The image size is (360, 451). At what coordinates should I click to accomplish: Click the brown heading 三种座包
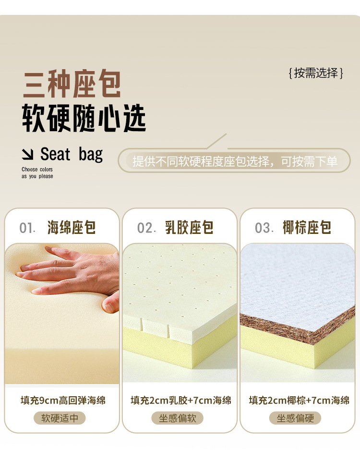coord(72,85)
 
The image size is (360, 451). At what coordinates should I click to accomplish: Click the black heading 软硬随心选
coord(84,118)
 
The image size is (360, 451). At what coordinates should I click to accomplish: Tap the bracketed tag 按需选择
coord(316,73)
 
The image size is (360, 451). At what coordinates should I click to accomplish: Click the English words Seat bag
coord(72,154)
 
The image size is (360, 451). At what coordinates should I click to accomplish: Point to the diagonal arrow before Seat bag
coord(28,155)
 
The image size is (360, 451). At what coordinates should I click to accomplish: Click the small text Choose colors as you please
coord(37,173)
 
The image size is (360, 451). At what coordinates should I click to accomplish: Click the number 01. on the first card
coord(27,228)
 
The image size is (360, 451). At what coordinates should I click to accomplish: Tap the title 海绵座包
coord(72,228)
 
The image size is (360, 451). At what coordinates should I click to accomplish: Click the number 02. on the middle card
coord(146,228)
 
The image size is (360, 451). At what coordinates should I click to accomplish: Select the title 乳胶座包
coord(189,228)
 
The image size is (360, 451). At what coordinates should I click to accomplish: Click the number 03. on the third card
coord(264,228)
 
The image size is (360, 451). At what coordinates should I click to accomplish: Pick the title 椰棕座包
coord(307,228)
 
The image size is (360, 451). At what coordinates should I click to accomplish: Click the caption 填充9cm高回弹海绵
coord(62,400)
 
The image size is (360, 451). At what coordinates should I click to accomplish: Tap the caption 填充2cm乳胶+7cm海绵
coord(180,400)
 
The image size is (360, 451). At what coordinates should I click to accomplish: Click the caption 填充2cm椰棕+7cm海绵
coord(299,400)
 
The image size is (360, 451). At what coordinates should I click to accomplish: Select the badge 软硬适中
coord(60,418)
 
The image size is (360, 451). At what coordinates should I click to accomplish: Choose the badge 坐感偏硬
coord(295,418)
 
